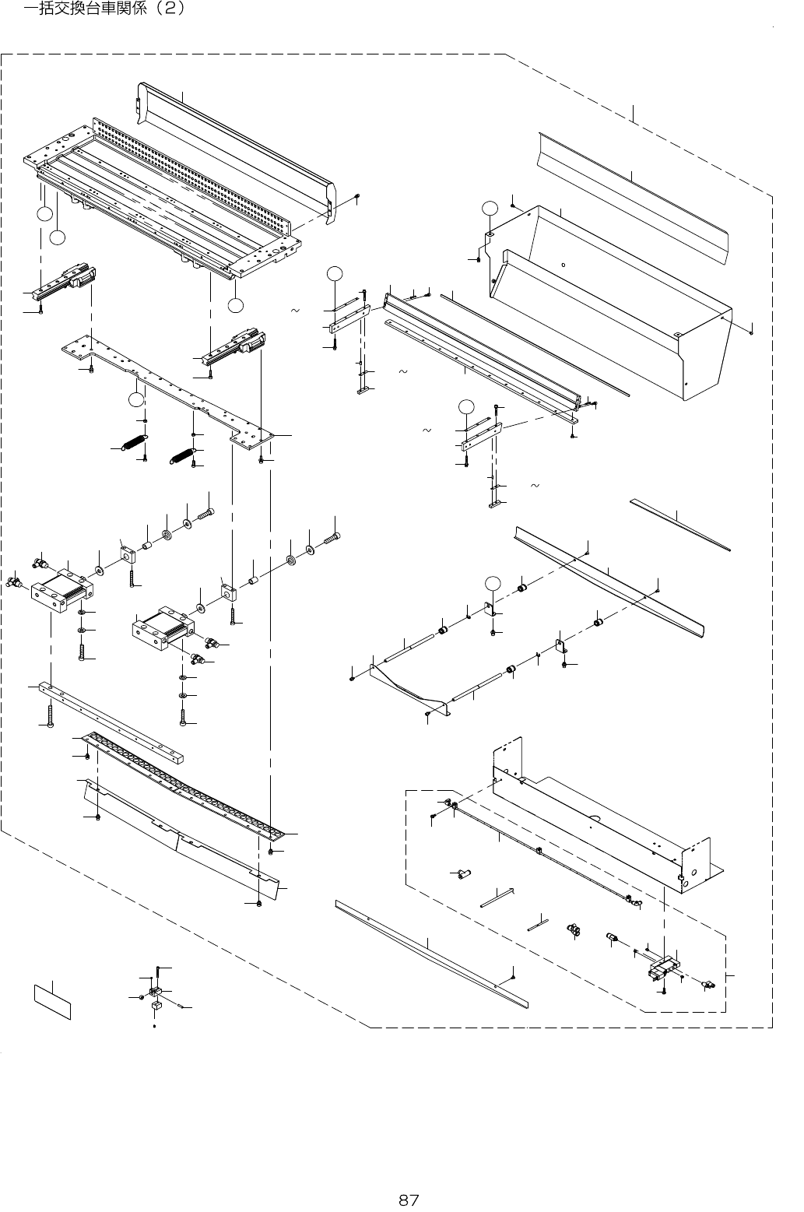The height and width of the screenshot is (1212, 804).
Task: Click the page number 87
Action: (x=409, y=1200)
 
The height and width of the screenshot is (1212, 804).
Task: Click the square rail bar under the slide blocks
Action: (x=117, y=720)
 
